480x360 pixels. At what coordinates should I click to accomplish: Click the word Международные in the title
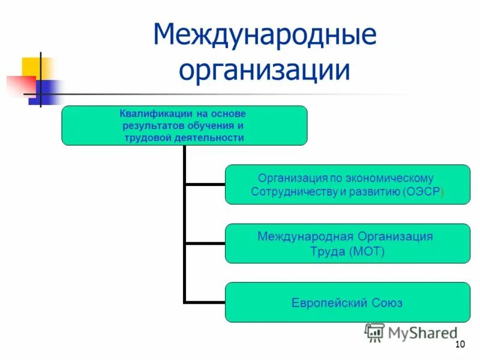[x=265, y=35]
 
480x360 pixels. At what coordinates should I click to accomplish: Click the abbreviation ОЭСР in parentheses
[x=424, y=191]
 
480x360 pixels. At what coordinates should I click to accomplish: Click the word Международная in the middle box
[x=306, y=236]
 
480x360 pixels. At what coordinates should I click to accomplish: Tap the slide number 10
[x=460, y=344]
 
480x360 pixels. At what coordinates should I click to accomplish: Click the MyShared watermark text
[x=422, y=332]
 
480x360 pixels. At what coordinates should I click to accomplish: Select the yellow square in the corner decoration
[x=32, y=67]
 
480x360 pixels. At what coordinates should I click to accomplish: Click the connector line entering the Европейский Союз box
[x=204, y=302]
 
